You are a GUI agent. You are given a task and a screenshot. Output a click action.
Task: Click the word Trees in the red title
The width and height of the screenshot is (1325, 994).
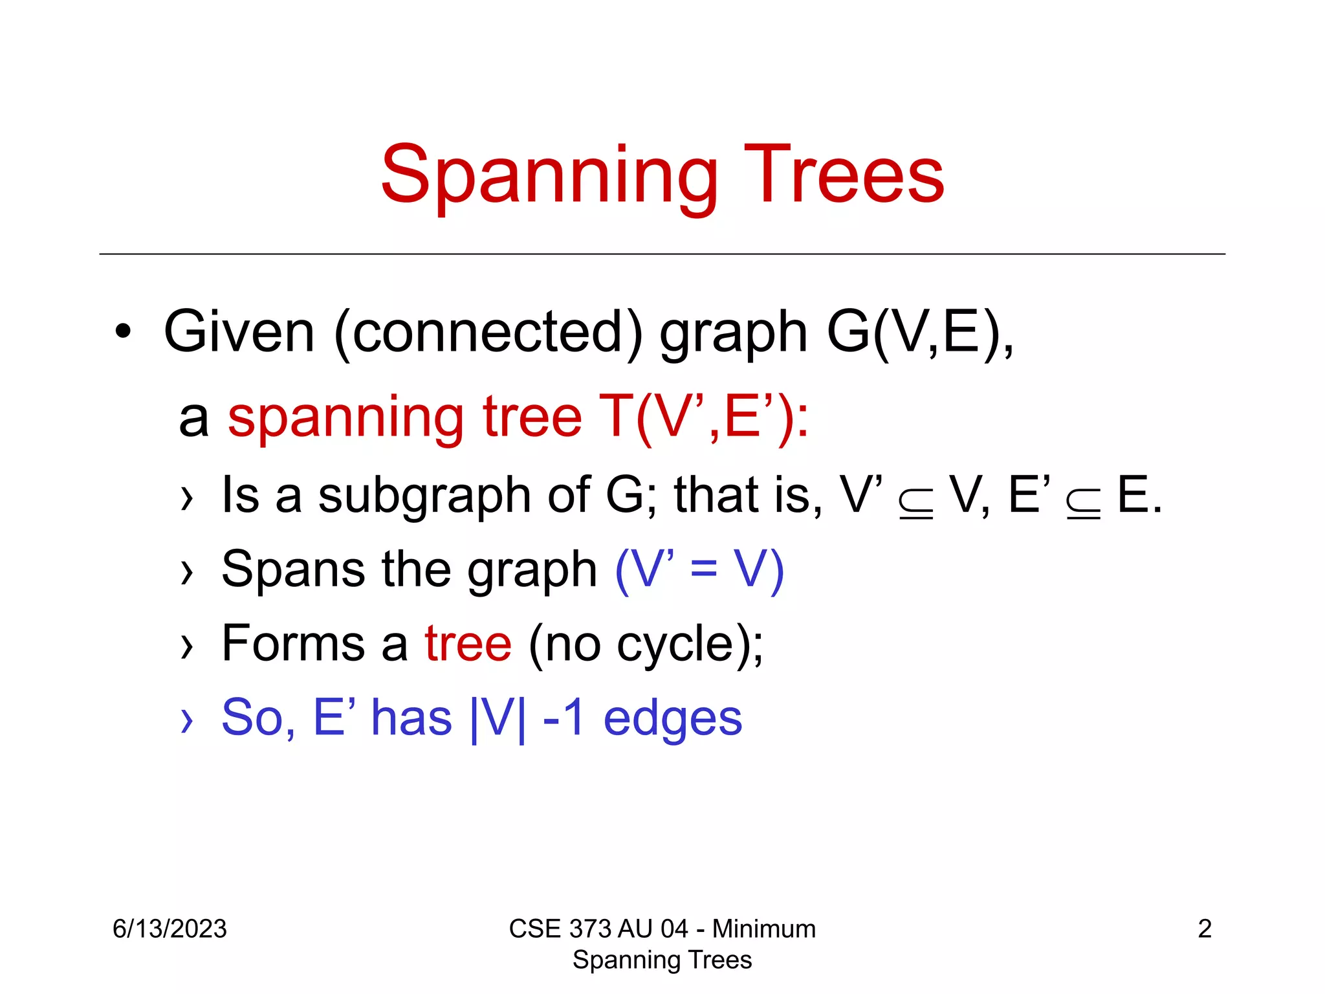point(844,175)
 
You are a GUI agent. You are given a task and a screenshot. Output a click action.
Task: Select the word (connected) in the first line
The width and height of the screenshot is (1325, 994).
point(488,332)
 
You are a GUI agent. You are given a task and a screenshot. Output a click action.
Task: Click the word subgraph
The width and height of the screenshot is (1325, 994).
point(424,496)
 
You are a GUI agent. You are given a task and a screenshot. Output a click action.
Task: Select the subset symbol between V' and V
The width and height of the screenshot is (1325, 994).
point(915,503)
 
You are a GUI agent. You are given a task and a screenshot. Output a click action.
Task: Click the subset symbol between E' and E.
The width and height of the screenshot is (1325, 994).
point(1083,503)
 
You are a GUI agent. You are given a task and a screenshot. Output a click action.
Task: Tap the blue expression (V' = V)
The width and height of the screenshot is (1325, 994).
point(699,569)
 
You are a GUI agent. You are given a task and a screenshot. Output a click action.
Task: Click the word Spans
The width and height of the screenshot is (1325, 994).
point(293,569)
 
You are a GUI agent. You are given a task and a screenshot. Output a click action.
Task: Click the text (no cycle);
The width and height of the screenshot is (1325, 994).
point(646,644)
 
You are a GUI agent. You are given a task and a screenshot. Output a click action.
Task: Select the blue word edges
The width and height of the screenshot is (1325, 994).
point(672,718)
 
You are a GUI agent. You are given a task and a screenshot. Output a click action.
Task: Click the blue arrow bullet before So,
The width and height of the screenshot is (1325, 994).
point(187,720)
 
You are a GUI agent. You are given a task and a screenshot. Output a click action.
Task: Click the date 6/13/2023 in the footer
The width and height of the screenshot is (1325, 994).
point(170,929)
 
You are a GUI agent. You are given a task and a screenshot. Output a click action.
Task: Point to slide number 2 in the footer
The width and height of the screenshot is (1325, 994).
point(1204,929)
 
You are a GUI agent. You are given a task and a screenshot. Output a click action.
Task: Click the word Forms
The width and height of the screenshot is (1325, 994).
point(293,644)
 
